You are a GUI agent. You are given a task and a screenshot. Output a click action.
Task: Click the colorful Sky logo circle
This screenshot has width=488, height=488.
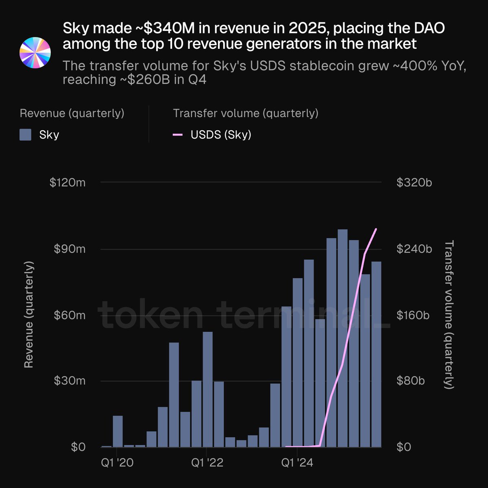click(x=35, y=53)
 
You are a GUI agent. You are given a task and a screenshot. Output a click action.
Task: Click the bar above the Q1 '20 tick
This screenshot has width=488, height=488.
click(x=118, y=431)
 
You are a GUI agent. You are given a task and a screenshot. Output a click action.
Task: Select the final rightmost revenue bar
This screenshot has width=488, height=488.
click(x=376, y=354)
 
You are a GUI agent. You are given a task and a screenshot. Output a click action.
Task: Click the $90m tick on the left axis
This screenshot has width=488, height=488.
click(x=70, y=249)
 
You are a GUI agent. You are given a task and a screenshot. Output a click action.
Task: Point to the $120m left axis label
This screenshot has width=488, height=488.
click(x=68, y=183)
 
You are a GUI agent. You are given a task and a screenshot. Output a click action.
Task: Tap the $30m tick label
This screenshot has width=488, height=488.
click(x=70, y=381)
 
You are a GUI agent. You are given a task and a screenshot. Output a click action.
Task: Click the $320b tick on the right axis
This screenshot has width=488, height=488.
click(x=414, y=183)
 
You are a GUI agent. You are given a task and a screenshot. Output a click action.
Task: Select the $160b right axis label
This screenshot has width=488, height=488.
click(x=413, y=315)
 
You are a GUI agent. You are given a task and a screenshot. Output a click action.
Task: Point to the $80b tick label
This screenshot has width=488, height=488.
click(x=410, y=381)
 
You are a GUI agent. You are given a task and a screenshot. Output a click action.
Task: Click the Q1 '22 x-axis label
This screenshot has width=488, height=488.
click(x=207, y=463)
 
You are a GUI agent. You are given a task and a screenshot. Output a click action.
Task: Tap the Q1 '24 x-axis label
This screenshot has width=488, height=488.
click(x=297, y=463)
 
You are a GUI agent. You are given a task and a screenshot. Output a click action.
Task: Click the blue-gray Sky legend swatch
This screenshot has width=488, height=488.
click(x=26, y=135)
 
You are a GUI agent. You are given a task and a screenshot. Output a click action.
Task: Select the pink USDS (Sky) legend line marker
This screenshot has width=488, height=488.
click(x=178, y=135)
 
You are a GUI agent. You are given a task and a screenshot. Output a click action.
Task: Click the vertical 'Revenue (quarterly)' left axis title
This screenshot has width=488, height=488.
click(x=28, y=315)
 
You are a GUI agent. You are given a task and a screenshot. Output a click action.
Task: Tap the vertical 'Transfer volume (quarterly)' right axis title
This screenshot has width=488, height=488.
click(x=449, y=315)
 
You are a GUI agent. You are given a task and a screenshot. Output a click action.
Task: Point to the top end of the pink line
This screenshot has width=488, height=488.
click(x=376, y=229)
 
